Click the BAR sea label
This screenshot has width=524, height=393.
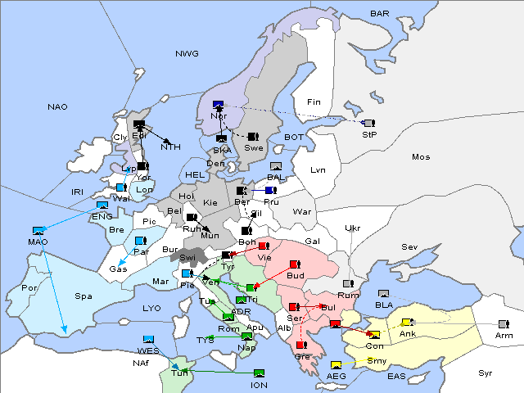379,14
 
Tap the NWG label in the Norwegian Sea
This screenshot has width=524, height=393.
186,53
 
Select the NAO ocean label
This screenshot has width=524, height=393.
57,107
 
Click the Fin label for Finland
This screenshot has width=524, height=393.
312,102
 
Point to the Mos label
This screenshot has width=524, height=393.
421,156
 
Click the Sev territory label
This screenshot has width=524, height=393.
409,246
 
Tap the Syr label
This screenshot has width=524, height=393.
486,373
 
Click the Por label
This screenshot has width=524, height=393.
30,288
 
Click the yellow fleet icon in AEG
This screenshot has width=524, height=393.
336,364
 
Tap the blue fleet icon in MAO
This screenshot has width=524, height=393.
38,231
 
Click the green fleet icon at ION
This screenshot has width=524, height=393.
259,373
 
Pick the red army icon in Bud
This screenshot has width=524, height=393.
294,265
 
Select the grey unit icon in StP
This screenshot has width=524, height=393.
369,122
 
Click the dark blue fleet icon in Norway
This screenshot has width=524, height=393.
218,105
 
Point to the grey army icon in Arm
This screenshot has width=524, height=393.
503,324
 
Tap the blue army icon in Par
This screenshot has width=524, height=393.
140,241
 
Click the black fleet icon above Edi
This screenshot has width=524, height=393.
139,124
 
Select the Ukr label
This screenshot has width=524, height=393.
352,228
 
